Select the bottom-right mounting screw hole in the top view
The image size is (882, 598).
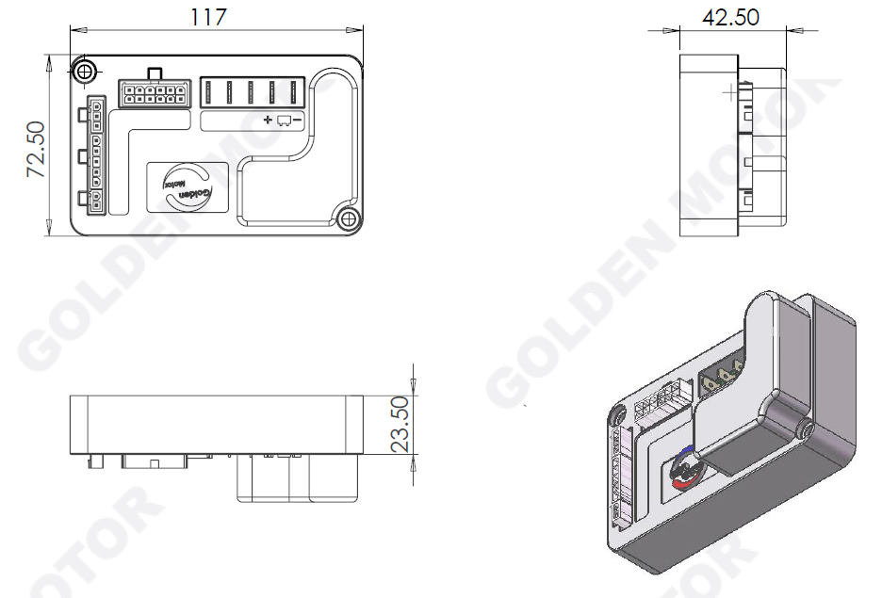[348, 219]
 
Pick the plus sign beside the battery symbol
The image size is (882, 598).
[268, 120]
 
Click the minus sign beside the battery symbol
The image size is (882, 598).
[298, 120]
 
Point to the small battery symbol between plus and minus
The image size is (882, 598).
[283, 120]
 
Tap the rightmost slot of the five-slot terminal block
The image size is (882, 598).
[295, 93]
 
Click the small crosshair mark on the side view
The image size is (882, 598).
[731, 91]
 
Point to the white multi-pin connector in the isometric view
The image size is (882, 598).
[661, 399]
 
